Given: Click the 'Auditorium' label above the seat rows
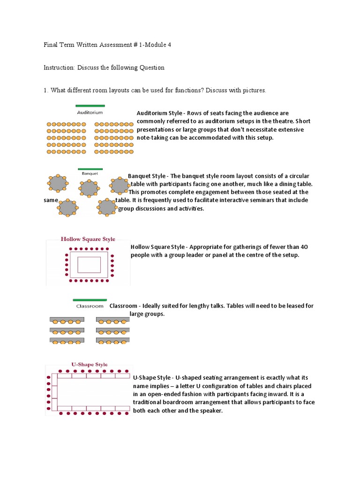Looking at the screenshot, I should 90,112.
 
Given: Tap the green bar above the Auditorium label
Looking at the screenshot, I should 90,105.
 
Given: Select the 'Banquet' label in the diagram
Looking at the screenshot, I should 90,173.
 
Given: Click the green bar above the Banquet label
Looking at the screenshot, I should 90,169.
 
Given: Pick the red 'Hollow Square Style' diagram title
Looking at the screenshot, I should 88,239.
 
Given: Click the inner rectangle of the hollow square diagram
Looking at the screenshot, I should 89,264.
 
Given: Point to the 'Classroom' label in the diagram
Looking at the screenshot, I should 90,306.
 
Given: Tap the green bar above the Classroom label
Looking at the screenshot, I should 90,300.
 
